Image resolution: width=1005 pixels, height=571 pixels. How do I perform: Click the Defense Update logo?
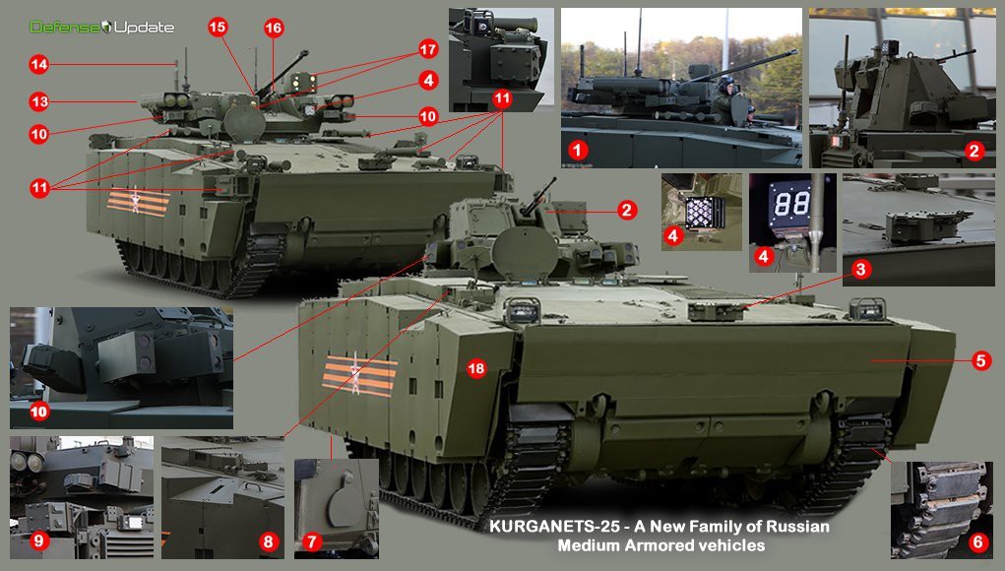[102, 27]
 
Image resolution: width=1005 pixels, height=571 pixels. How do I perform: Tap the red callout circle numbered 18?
[476, 368]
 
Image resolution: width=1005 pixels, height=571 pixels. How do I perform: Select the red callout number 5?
[980, 360]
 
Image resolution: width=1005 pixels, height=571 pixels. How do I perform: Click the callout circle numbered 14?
[39, 64]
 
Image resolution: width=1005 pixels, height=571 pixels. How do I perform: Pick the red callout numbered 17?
[428, 48]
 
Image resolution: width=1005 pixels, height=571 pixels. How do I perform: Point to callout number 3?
[860, 269]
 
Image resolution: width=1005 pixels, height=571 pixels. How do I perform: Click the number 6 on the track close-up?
[977, 542]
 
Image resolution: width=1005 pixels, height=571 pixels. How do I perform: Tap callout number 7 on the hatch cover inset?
[311, 542]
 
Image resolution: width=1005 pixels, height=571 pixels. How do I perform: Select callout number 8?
[269, 542]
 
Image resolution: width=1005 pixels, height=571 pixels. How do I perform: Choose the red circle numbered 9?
[38, 540]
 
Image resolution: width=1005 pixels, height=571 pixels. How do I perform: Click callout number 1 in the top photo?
[578, 151]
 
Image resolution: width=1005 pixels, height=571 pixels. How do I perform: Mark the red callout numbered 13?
[39, 101]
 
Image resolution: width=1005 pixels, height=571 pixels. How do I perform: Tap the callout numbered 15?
[218, 27]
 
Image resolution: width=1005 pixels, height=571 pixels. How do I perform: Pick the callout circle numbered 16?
[274, 28]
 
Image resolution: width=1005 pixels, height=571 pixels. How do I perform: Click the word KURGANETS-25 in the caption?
[554, 527]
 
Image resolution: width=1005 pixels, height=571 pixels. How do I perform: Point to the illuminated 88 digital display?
[792, 205]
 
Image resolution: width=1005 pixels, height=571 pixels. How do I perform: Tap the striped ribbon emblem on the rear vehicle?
[137, 201]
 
